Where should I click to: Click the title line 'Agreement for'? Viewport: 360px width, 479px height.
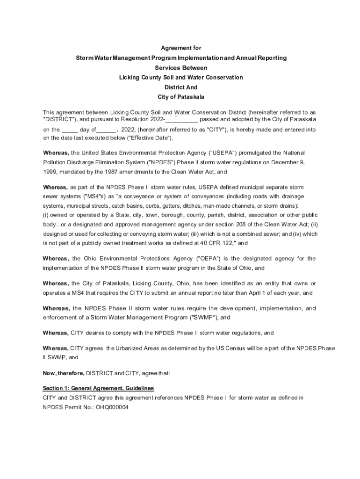pyautogui.click(x=181, y=48)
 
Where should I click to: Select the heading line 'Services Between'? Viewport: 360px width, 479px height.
pyautogui.click(x=181, y=68)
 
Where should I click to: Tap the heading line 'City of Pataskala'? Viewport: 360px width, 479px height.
pyautogui.click(x=181, y=97)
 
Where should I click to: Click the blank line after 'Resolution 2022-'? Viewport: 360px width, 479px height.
pyautogui.click(x=182, y=119)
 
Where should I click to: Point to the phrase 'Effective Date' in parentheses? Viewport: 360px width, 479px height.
pyautogui.click(x=151, y=138)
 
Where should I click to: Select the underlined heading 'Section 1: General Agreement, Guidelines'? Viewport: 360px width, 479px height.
pyautogui.click(x=98, y=388)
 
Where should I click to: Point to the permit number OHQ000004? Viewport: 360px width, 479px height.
pyautogui.click(x=112, y=407)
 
